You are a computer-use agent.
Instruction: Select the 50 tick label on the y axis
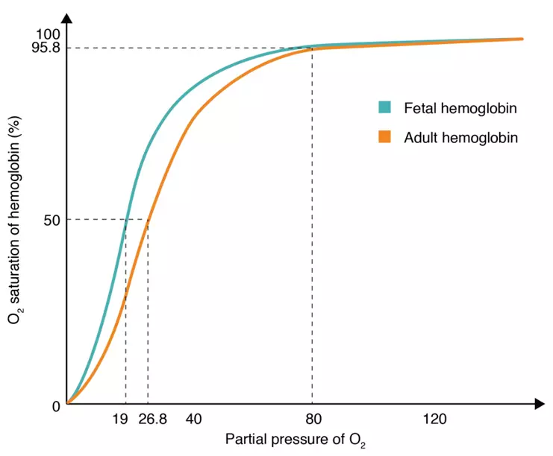[52, 220]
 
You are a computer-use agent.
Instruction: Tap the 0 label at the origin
[56, 406]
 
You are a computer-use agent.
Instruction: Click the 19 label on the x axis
[119, 420]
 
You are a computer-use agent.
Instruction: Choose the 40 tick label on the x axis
[193, 420]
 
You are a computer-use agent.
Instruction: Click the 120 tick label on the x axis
[434, 420]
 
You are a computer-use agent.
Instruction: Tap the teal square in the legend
[385, 107]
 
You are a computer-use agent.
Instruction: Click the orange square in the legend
[385, 137]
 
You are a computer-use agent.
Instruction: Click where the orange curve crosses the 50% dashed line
[148, 219]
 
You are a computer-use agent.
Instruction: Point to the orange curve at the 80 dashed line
[312, 49]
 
